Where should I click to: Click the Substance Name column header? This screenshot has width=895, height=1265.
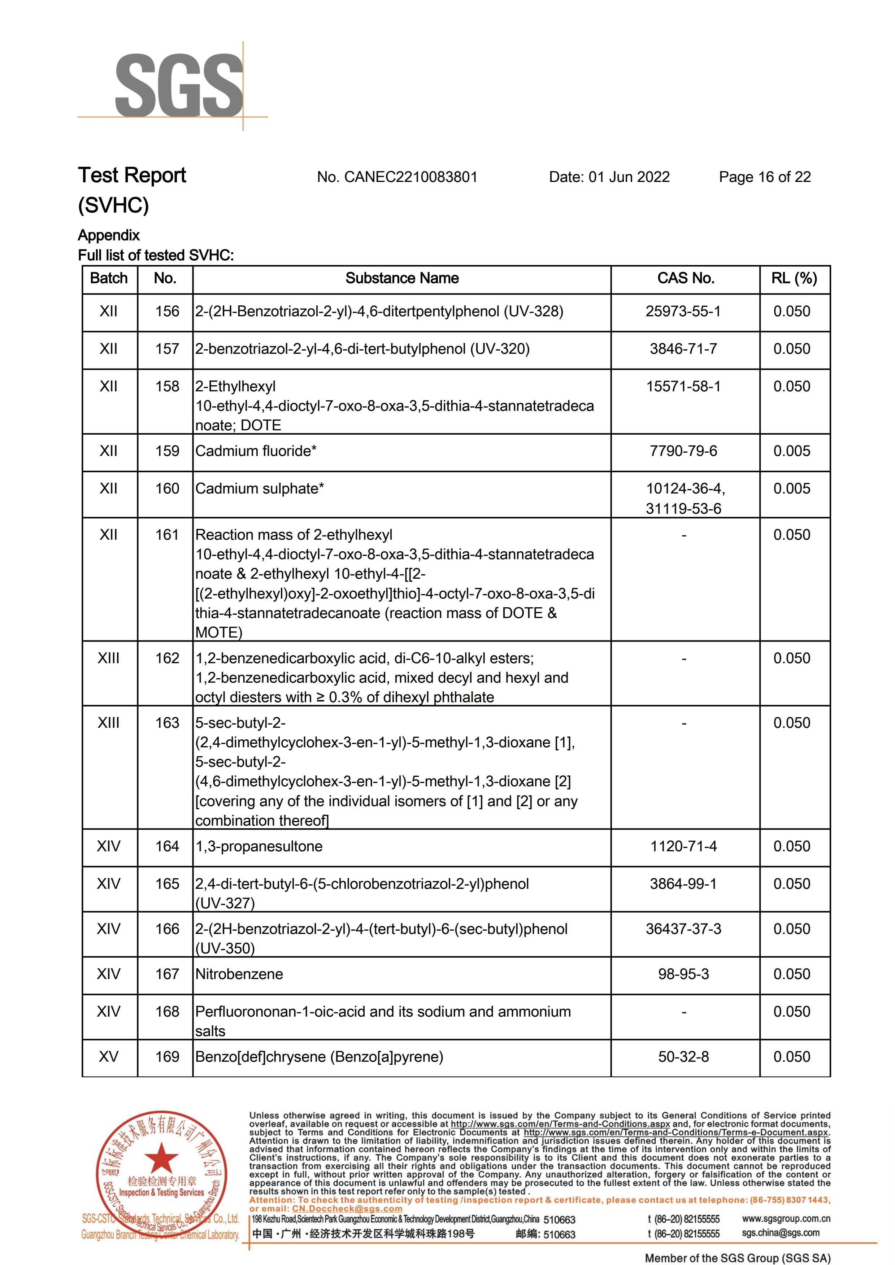tap(402, 278)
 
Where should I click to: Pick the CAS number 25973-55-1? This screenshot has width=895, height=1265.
tap(683, 311)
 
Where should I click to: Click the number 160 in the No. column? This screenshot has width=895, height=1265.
tap(167, 489)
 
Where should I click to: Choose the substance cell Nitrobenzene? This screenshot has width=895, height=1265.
tap(239, 974)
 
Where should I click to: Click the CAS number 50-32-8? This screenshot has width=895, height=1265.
tap(683, 1057)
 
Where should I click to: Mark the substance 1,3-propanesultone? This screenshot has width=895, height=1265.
tap(259, 846)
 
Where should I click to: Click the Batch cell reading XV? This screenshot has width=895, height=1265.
tap(109, 1057)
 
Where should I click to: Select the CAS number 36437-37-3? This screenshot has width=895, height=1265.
tap(683, 929)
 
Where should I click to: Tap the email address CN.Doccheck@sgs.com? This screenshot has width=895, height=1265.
tap(347, 1209)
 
